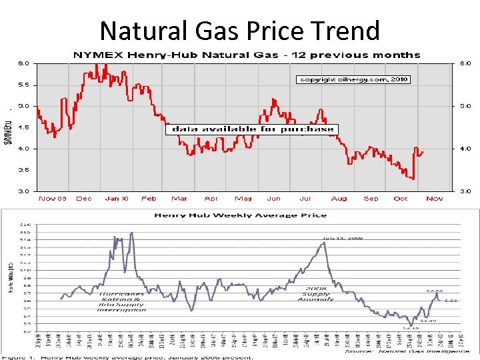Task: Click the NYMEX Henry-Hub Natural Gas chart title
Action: pos(247,55)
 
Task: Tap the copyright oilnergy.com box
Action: pos(353,79)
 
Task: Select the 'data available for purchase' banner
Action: pos(252,129)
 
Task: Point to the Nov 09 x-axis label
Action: pos(53,199)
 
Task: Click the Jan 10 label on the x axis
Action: pos(116,199)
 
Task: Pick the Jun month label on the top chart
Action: pos(273,199)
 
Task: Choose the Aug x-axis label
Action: pos(339,199)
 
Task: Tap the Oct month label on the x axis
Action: pos(401,199)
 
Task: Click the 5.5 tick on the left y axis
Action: pos(23,85)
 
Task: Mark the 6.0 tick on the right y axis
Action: pos(465,63)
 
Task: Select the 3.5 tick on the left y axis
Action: pos(23,170)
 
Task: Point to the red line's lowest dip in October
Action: pos(413,179)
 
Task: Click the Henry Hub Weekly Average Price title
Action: pos(241,215)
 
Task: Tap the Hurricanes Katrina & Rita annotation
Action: pos(122,301)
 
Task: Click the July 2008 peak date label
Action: pos(343,237)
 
